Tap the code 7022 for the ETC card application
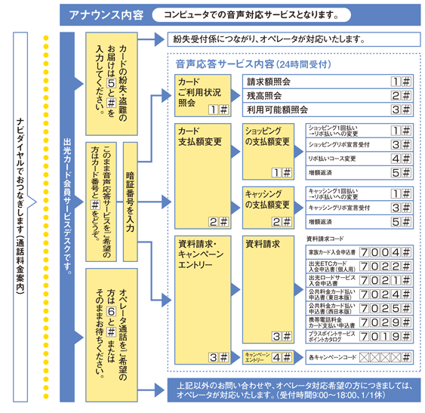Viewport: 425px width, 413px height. tap(384, 267)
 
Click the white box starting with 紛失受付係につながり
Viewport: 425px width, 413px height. tap(291, 39)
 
